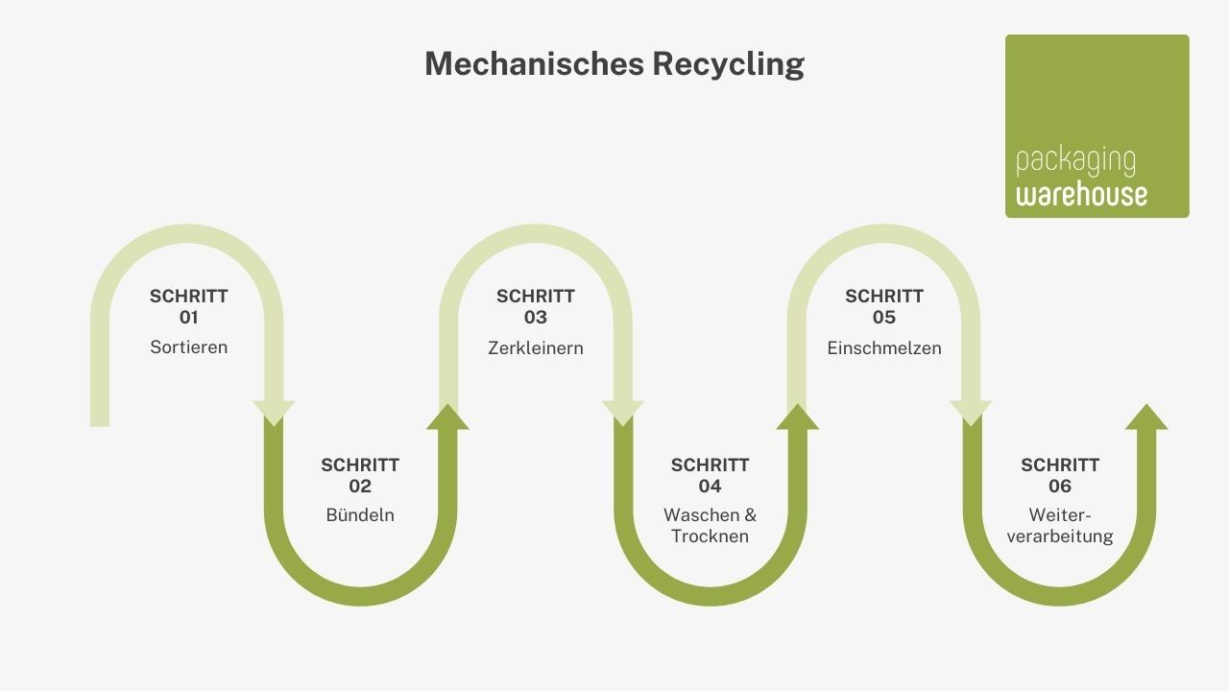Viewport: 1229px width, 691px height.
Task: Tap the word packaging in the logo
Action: (1074, 161)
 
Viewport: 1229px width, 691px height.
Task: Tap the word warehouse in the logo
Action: (1081, 195)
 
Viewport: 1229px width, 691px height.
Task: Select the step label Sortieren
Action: (189, 347)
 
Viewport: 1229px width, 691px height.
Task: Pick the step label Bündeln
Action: (360, 515)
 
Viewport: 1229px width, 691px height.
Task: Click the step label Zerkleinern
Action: (536, 347)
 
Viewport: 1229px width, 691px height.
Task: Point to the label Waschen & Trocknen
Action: (710, 526)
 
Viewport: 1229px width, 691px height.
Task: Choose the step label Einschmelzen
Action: (884, 347)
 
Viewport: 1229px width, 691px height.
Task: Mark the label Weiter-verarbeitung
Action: (1059, 526)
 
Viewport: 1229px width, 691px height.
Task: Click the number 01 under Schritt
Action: (189, 318)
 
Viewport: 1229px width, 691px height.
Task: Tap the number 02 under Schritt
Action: (360, 486)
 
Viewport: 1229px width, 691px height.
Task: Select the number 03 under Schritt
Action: (536, 318)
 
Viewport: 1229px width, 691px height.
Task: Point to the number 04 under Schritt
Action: (710, 486)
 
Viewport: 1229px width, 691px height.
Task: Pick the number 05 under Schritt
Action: (884, 318)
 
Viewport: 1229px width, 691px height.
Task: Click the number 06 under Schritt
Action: (1060, 486)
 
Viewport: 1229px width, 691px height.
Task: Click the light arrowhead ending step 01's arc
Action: (274, 413)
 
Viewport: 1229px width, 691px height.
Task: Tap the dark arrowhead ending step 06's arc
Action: (1146, 417)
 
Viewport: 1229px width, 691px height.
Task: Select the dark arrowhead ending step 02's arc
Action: (447, 417)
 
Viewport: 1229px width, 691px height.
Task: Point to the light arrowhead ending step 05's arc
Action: (971, 413)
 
